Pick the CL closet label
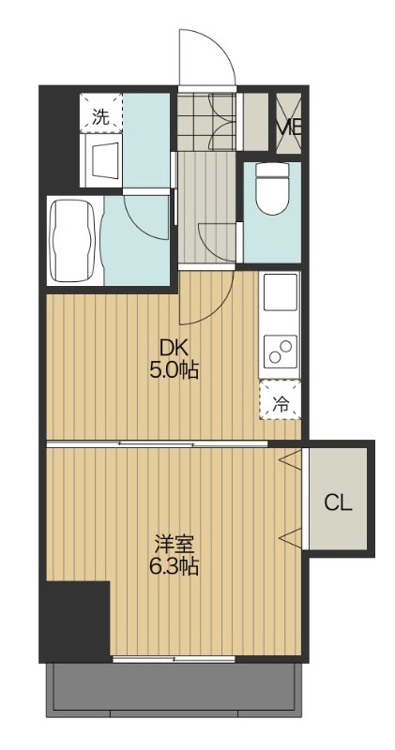tap(338, 503)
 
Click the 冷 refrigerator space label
tap(280, 404)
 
